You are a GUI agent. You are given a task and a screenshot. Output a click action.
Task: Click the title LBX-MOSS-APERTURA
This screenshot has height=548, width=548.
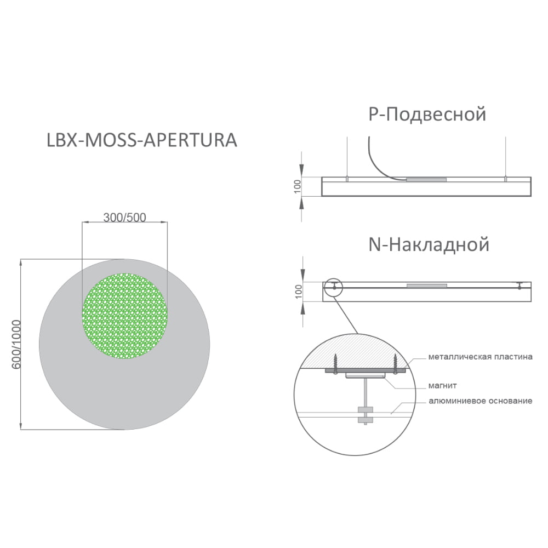tap(142, 140)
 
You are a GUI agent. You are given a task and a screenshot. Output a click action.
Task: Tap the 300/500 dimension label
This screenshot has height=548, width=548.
tap(124, 218)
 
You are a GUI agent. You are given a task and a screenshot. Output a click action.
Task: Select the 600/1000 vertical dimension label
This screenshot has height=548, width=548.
tap(16, 344)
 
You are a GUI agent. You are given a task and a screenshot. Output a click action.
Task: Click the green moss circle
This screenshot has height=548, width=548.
tap(125, 316)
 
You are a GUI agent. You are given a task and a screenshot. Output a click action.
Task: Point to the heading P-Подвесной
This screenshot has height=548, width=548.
tap(427, 115)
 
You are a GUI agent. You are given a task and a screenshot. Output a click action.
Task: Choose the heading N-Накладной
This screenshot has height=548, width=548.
tap(429, 244)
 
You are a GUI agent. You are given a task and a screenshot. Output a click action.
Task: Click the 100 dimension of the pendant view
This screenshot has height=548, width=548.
tap(298, 186)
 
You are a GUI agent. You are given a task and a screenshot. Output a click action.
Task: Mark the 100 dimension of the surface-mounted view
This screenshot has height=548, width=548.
tap(298, 292)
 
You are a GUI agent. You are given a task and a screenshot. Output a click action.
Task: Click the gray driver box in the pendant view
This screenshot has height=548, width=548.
tap(426, 180)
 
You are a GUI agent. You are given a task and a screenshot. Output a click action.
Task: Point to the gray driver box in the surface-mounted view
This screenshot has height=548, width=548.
tap(427, 286)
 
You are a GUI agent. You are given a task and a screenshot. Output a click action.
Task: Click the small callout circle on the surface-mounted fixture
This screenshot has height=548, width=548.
tap(333, 287)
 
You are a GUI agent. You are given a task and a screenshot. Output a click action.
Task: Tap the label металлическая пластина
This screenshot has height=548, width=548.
tap(480, 357)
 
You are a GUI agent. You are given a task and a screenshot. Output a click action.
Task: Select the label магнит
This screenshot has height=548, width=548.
tap(442, 386)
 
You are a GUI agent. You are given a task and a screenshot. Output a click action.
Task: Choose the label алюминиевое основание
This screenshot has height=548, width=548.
tap(480, 401)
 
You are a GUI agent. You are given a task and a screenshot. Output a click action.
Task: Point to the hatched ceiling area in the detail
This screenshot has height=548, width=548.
tap(355, 351)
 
